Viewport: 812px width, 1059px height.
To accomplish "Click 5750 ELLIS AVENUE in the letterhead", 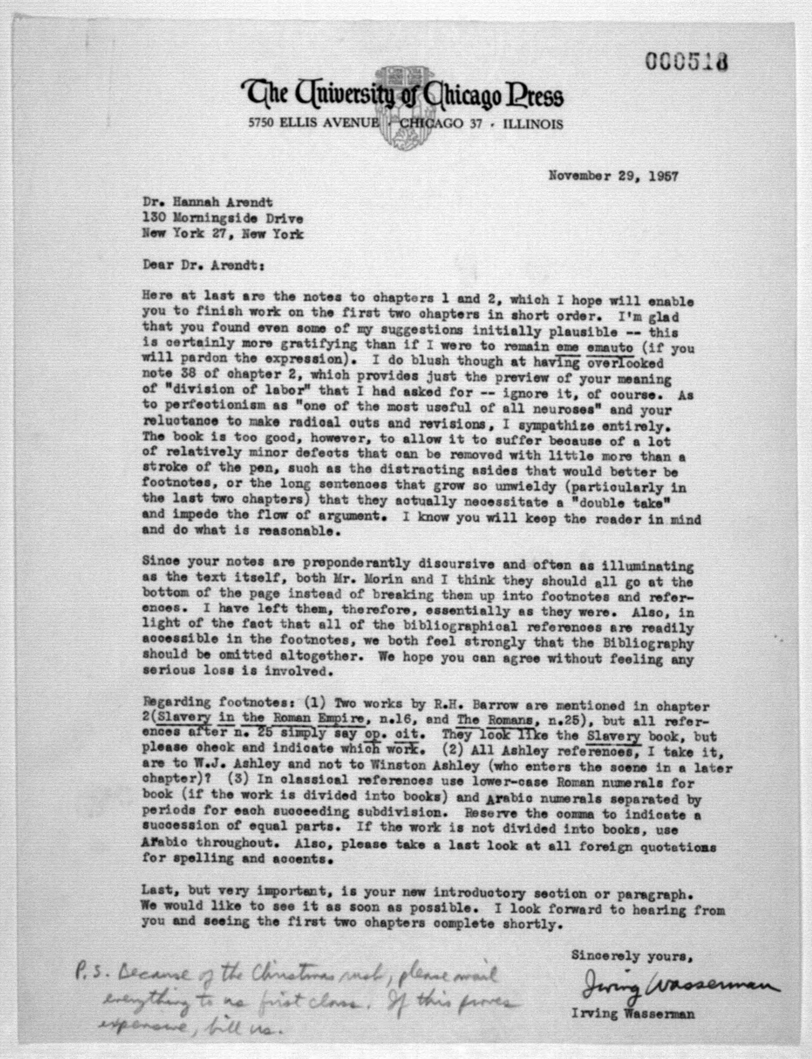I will pos(312,123).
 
